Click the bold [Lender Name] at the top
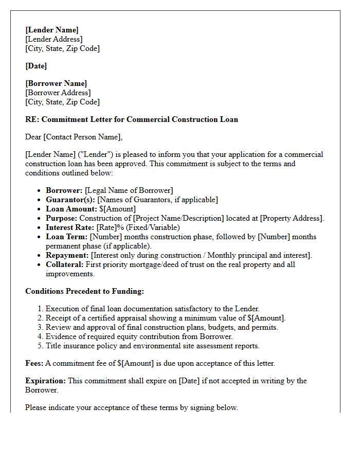point(52,30)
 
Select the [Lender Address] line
point(54,39)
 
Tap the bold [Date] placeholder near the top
point(36,66)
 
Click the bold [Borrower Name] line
point(56,83)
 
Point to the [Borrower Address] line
point(58,93)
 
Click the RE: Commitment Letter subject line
point(132,119)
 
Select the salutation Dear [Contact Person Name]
point(74,137)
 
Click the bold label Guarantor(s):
point(70,200)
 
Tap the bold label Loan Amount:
point(71,209)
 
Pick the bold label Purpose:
point(61,218)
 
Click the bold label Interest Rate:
point(70,227)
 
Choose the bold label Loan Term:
point(67,237)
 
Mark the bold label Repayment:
point(67,255)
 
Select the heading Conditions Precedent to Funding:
point(84,291)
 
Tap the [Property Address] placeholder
point(292,218)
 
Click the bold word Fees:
point(34,363)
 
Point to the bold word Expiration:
point(46,381)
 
